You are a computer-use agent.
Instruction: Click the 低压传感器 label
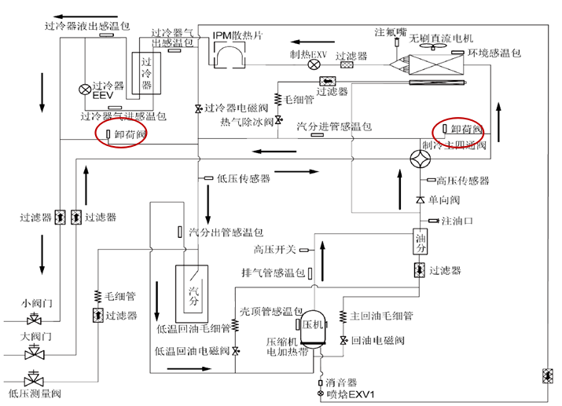pyautogui.click(x=244, y=178)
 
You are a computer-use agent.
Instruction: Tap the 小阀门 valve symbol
pyautogui.click(x=34, y=320)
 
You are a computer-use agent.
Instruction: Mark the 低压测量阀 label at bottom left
pyautogui.click(x=35, y=393)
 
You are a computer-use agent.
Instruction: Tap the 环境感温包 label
pyautogui.click(x=495, y=53)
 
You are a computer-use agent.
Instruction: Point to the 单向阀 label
pyautogui.click(x=444, y=201)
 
